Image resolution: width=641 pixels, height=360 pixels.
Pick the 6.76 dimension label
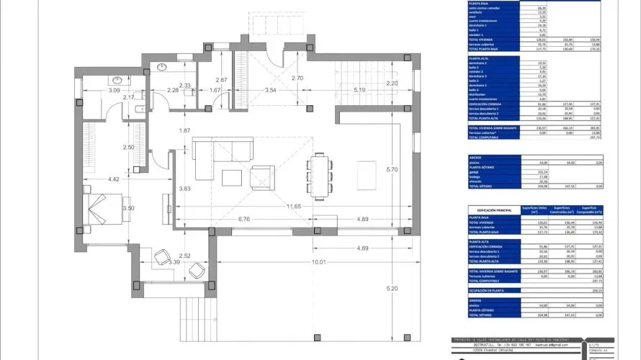[243, 219]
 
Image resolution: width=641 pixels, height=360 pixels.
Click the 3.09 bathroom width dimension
[94, 90]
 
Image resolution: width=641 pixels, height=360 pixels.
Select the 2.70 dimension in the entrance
[296, 78]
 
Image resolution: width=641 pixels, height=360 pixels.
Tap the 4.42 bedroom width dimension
[113, 179]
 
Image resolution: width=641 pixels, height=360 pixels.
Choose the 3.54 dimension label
[271, 90]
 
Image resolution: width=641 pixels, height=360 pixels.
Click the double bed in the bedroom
[101, 207]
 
